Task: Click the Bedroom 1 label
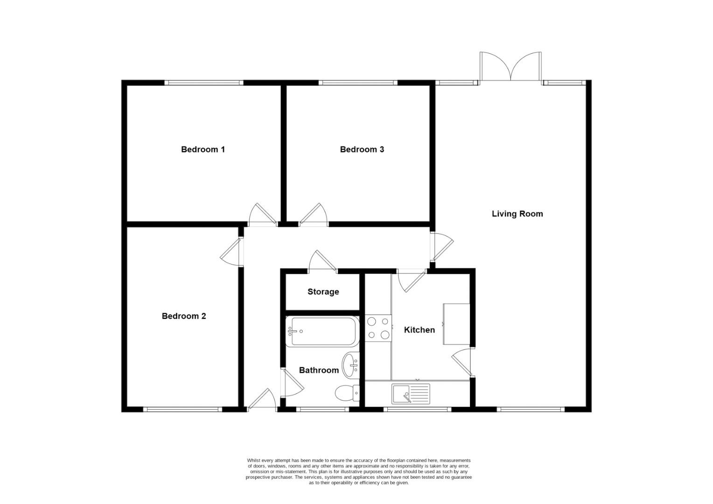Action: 203,149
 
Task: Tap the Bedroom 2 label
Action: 184,316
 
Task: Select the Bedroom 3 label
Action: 362,149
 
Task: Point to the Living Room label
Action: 517,214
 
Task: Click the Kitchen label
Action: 419,330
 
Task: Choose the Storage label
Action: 323,292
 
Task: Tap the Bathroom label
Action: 319,370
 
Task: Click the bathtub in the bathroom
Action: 322,332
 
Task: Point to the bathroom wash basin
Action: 350,365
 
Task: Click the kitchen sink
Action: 411,394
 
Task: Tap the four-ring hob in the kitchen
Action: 378,328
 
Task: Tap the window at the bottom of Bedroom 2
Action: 182,410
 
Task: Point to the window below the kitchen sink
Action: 417,410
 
